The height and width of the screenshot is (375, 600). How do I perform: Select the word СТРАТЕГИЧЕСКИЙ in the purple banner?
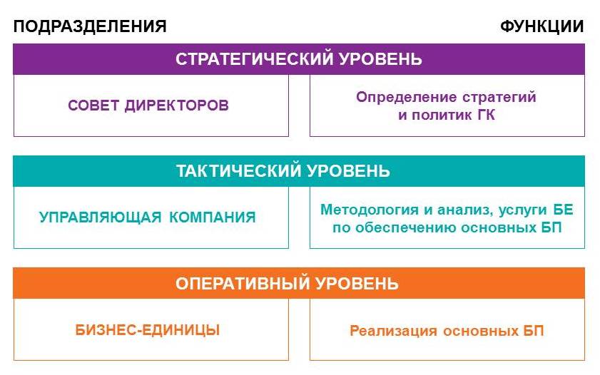click(254, 59)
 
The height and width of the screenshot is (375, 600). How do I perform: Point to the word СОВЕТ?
click(93, 105)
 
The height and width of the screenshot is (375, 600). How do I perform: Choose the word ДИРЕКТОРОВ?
click(176, 106)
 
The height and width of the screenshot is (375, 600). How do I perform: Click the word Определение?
click(406, 97)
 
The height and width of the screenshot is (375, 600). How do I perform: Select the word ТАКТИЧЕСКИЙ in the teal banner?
click(238, 171)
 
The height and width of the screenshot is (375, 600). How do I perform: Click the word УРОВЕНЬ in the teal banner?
click(348, 171)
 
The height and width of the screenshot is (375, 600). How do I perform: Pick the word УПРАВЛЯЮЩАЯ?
click(101, 217)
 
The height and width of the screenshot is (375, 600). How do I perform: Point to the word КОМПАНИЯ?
click(213, 217)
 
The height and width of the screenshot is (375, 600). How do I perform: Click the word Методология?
click(370, 210)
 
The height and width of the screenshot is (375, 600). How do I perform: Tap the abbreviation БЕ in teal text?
click(563, 210)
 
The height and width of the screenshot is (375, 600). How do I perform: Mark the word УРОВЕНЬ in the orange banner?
click(357, 284)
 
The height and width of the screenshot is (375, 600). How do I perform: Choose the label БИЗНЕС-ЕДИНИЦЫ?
click(148, 330)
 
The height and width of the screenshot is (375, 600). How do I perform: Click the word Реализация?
click(393, 331)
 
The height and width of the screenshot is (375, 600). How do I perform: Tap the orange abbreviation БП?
click(534, 331)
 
